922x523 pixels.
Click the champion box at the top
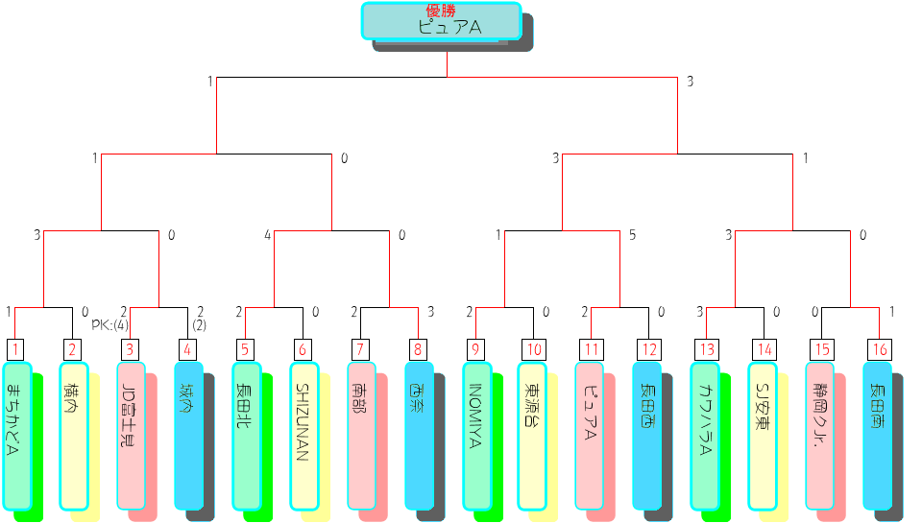[441, 22]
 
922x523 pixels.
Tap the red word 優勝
[441, 11]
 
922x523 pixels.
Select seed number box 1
[16, 349]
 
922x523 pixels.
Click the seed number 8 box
[419, 349]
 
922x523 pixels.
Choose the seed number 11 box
[592, 349]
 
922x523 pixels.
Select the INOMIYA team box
[476, 436]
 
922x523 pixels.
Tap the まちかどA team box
[16, 436]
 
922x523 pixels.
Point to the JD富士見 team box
[131, 436]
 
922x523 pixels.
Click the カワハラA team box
[705, 436]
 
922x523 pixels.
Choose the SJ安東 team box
[762, 436]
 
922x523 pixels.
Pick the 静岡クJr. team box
[819, 436]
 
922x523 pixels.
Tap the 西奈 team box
[419, 436]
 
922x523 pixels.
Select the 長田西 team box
[646, 436]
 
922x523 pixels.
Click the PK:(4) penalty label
[110, 324]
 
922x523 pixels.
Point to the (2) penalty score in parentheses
[200, 324]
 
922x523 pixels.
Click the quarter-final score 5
[632, 234]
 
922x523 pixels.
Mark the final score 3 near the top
[690, 82]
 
